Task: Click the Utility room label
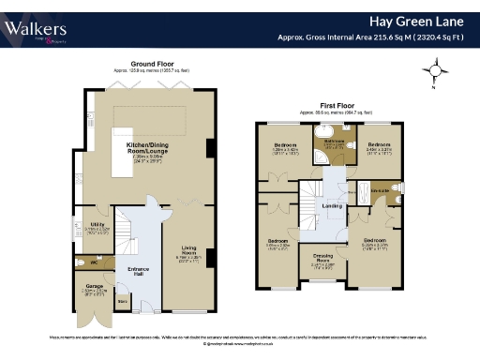point(98,223)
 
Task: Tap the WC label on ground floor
point(95,262)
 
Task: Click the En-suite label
point(378,188)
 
